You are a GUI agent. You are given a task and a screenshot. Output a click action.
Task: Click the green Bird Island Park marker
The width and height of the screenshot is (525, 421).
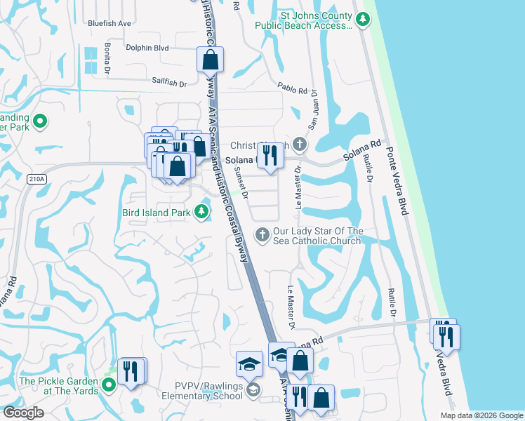(x=202, y=210)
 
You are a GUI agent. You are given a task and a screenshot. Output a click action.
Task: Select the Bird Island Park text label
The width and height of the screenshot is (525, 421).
(x=155, y=213)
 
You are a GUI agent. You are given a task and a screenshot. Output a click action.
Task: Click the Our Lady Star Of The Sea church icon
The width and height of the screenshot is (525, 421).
(x=262, y=234)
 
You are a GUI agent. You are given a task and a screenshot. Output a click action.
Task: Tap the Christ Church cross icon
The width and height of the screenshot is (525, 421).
(x=300, y=145)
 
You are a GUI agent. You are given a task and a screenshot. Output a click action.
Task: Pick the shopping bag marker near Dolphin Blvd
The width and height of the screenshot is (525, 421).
(x=210, y=60)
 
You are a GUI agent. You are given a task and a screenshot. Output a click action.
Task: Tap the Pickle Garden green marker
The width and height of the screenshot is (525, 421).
(x=108, y=385)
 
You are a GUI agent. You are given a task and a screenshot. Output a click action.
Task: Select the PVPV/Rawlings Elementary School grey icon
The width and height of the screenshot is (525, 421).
(x=253, y=390)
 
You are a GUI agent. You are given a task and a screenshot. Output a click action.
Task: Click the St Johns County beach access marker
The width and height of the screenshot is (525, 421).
(x=362, y=18)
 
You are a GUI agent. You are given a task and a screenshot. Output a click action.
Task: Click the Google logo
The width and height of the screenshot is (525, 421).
(x=23, y=413)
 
